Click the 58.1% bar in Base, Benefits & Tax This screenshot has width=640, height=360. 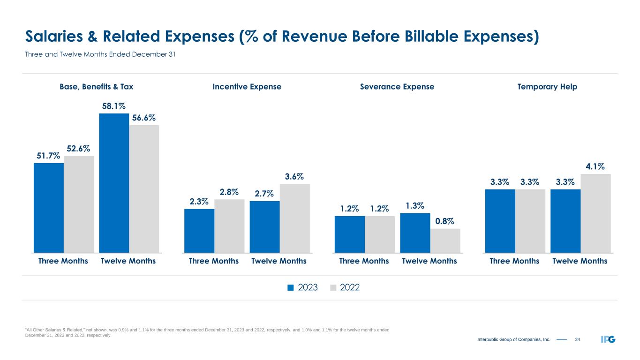(114, 183)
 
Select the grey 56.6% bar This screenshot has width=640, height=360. (144, 188)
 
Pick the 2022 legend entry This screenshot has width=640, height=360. (345, 287)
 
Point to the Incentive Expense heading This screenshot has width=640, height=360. (247, 87)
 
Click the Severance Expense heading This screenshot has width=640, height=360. (397, 87)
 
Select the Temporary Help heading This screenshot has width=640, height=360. (548, 87)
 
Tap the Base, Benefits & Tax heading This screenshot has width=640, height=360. (97, 87)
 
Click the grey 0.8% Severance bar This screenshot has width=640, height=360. (445, 240)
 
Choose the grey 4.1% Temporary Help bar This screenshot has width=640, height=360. (595, 213)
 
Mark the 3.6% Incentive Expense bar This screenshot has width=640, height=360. (294, 218)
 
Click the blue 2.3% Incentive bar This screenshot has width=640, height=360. (199, 231)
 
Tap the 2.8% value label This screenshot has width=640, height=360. (229, 192)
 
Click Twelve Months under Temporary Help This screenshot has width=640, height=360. (580, 261)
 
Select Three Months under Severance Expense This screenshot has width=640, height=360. (364, 261)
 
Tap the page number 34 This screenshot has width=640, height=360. (578, 339)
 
